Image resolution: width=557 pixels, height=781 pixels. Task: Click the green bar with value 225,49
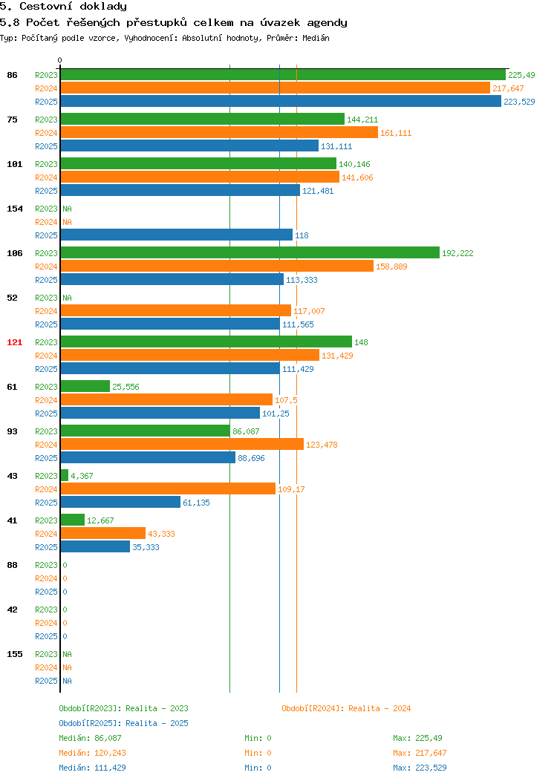pos(283,75)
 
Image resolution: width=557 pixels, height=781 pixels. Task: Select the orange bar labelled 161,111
pos(219,132)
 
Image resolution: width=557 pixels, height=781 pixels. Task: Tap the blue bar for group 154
pos(176,235)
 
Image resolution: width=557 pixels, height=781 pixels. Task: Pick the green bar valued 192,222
pos(250,253)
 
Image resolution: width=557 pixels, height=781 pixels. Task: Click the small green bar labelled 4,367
pos(65,476)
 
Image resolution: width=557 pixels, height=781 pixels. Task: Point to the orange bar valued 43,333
pos(103,534)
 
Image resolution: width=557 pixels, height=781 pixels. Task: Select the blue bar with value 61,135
pos(120,502)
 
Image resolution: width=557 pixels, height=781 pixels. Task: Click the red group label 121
pos(14,342)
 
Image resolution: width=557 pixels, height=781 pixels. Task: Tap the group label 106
pos(14,253)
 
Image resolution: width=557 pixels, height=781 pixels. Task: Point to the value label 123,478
pos(322,445)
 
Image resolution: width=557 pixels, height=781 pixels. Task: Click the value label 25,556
pos(126,387)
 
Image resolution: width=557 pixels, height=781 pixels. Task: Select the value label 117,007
pos(309,311)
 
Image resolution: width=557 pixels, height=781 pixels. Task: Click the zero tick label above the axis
pos(60,60)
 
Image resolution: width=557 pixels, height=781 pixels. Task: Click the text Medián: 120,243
pos(92,753)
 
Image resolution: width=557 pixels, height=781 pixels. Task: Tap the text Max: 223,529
pos(420,768)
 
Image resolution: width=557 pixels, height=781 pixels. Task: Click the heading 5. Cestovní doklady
pos(63,7)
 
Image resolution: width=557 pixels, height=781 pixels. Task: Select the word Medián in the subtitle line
pos(316,38)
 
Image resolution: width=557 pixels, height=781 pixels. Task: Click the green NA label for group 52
pos(68,298)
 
